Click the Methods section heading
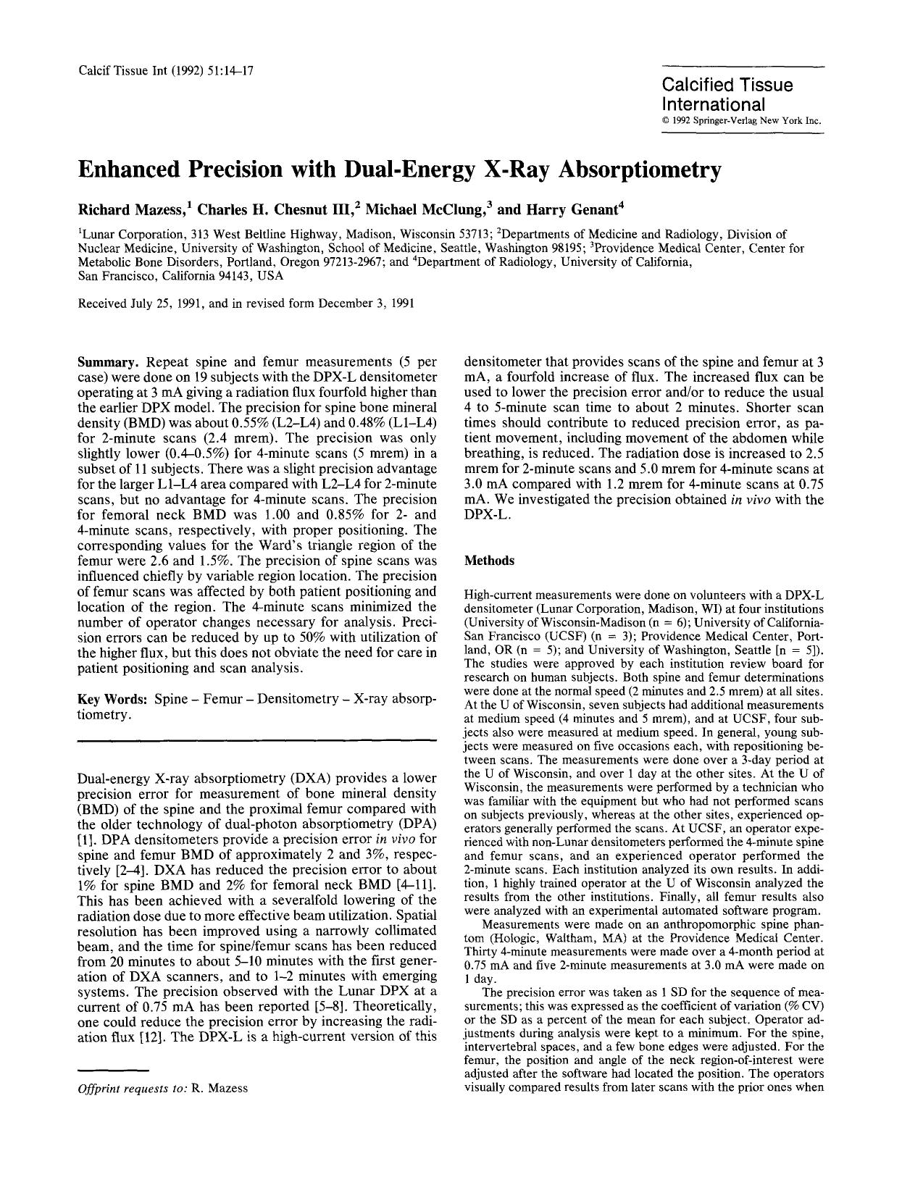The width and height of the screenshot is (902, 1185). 489,561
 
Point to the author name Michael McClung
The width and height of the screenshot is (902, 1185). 428,211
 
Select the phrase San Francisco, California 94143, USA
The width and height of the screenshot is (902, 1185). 180,276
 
